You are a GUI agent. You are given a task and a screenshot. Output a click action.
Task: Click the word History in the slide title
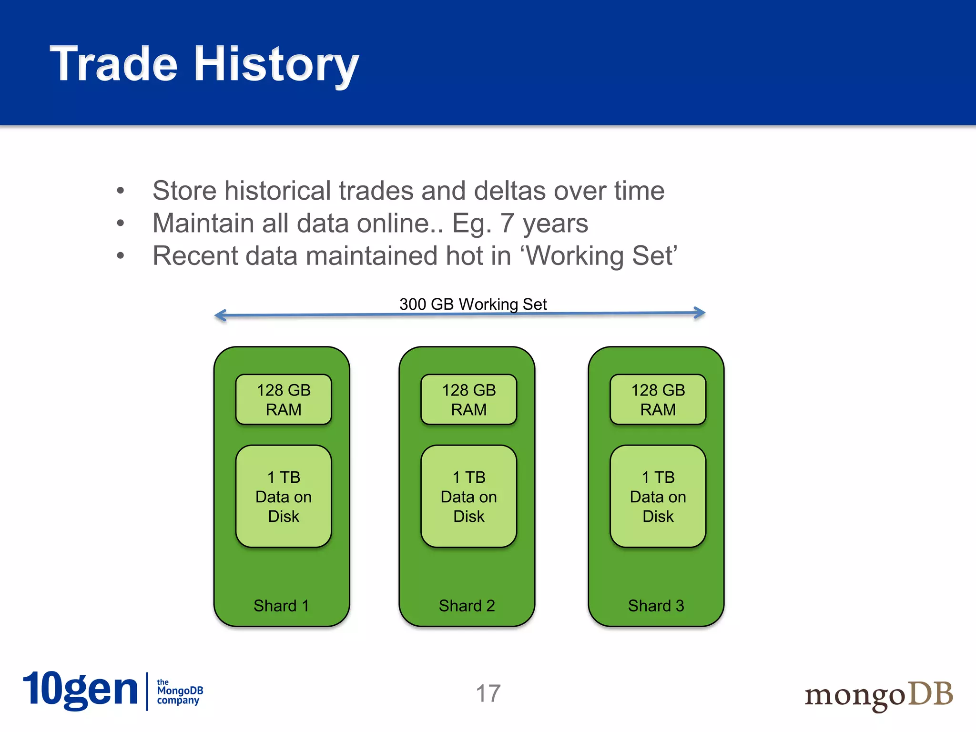tap(276, 64)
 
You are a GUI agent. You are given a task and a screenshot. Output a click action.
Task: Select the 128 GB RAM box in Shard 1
tap(284, 399)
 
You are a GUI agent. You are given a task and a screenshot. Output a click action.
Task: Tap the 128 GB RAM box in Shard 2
tap(468, 399)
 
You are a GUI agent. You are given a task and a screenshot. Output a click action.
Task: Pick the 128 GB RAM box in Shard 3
tap(658, 399)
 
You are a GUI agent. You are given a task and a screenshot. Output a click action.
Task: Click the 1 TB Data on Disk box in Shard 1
tap(284, 496)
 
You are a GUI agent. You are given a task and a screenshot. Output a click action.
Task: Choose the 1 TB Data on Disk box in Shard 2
tap(468, 496)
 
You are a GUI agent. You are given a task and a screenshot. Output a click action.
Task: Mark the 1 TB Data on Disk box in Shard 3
tap(658, 496)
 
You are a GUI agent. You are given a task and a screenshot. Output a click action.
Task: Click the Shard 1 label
tap(281, 606)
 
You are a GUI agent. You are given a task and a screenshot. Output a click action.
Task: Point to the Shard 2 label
tap(467, 606)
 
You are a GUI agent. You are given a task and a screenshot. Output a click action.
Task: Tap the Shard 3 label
tap(656, 606)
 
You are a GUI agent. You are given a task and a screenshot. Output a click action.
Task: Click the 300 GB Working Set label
tap(473, 304)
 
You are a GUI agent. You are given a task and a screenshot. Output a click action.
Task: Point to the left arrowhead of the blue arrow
tap(220, 315)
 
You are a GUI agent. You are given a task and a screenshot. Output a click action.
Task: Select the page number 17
tap(488, 693)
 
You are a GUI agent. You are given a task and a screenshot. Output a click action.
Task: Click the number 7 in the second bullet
tap(507, 223)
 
